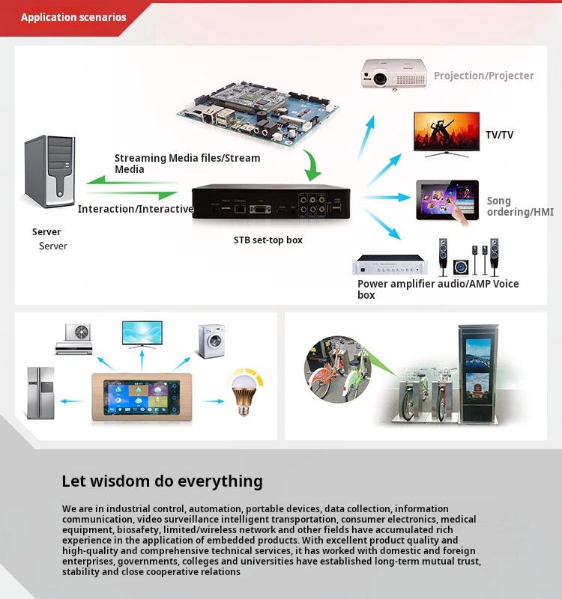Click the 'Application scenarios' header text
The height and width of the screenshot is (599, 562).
pyautogui.click(x=73, y=17)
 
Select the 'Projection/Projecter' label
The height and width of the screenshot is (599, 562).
pyautogui.click(x=483, y=76)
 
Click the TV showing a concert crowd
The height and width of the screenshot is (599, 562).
pyautogui.click(x=447, y=133)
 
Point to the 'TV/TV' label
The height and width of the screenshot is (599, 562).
pyautogui.click(x=499, y=135)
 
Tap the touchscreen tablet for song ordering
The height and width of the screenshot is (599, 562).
pyautogui.click(x=447, y=200)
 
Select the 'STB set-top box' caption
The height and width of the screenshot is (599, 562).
pyautogui.click(x=268, y=240)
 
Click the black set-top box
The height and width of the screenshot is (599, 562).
pyautogui.click(x=271, y=202)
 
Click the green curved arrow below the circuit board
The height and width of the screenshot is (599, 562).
pyautogui.click(x=314, y=165)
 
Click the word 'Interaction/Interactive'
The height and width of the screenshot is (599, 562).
pyautogui.click(x=136, y=209)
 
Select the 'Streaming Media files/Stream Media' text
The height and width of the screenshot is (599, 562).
pyautogui.click(x=187, y=163)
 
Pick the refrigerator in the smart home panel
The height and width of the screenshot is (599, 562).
pyautogui.click(x=40, y=392)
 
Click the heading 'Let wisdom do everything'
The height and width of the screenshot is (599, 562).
pyautogui.click(x=162, y=481)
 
